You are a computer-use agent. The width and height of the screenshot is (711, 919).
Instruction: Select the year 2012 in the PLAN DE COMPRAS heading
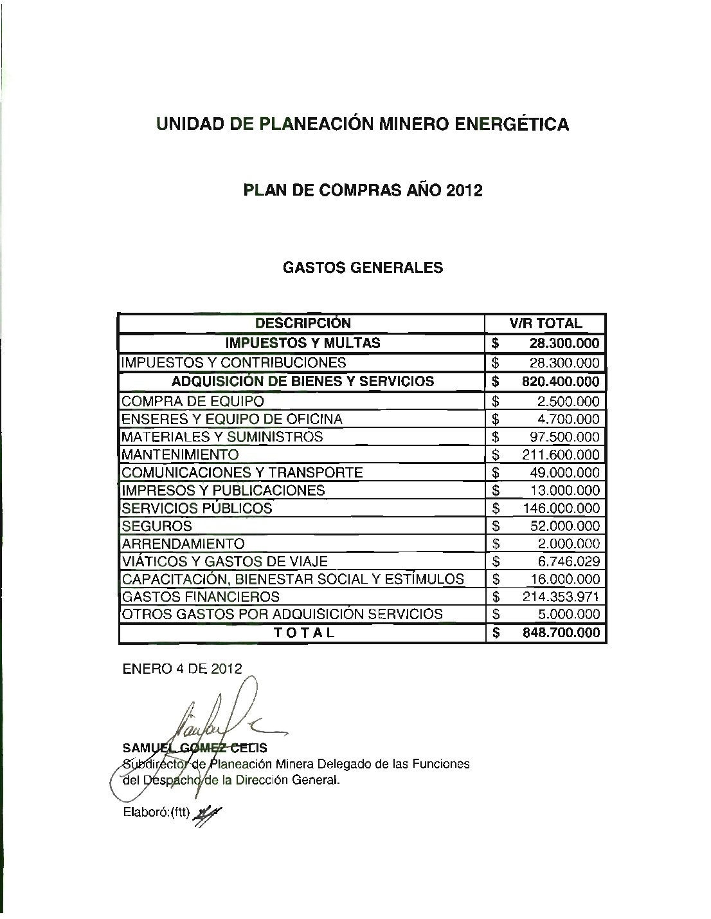(464, 190)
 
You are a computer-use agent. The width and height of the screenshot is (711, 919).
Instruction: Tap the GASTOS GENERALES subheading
(363, 268)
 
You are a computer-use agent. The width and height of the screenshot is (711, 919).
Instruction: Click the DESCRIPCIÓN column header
(303, 323)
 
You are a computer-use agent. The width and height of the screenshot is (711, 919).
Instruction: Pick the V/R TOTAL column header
(545, 323)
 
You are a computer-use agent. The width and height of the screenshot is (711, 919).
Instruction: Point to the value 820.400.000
(561, 381)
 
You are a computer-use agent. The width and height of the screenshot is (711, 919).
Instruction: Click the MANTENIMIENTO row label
(179, 454)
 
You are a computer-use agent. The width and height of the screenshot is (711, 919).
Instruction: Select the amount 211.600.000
(561, 454)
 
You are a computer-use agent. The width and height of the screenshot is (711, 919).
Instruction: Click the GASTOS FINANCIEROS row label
(201, 597)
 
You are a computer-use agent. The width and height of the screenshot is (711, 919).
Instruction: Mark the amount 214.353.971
(561, 597)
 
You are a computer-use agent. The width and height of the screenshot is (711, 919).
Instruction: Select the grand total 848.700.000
(561, 633)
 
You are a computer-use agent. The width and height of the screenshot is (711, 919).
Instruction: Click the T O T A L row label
(304, 633)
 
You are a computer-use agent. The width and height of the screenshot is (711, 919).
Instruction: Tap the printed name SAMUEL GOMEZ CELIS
(194, 748)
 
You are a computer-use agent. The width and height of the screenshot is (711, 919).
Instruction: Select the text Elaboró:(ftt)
(154, 812)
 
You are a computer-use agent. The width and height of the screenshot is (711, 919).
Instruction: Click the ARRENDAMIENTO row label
(183, 544)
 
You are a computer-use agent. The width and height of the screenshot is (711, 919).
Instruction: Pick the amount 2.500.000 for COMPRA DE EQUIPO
(570, 402)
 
